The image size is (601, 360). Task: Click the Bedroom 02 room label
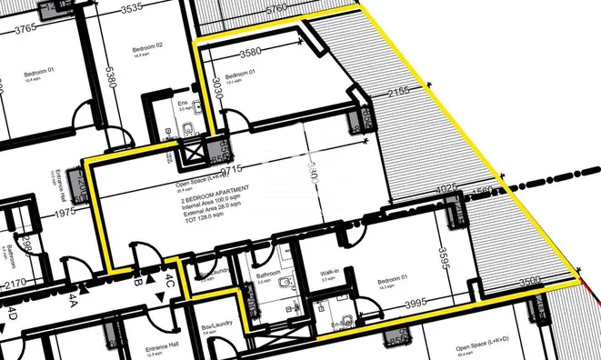(145, 45)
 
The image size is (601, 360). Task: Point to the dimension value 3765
(24, 28)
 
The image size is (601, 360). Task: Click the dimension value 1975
(64, 213)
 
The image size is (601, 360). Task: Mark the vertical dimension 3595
(444, 256)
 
